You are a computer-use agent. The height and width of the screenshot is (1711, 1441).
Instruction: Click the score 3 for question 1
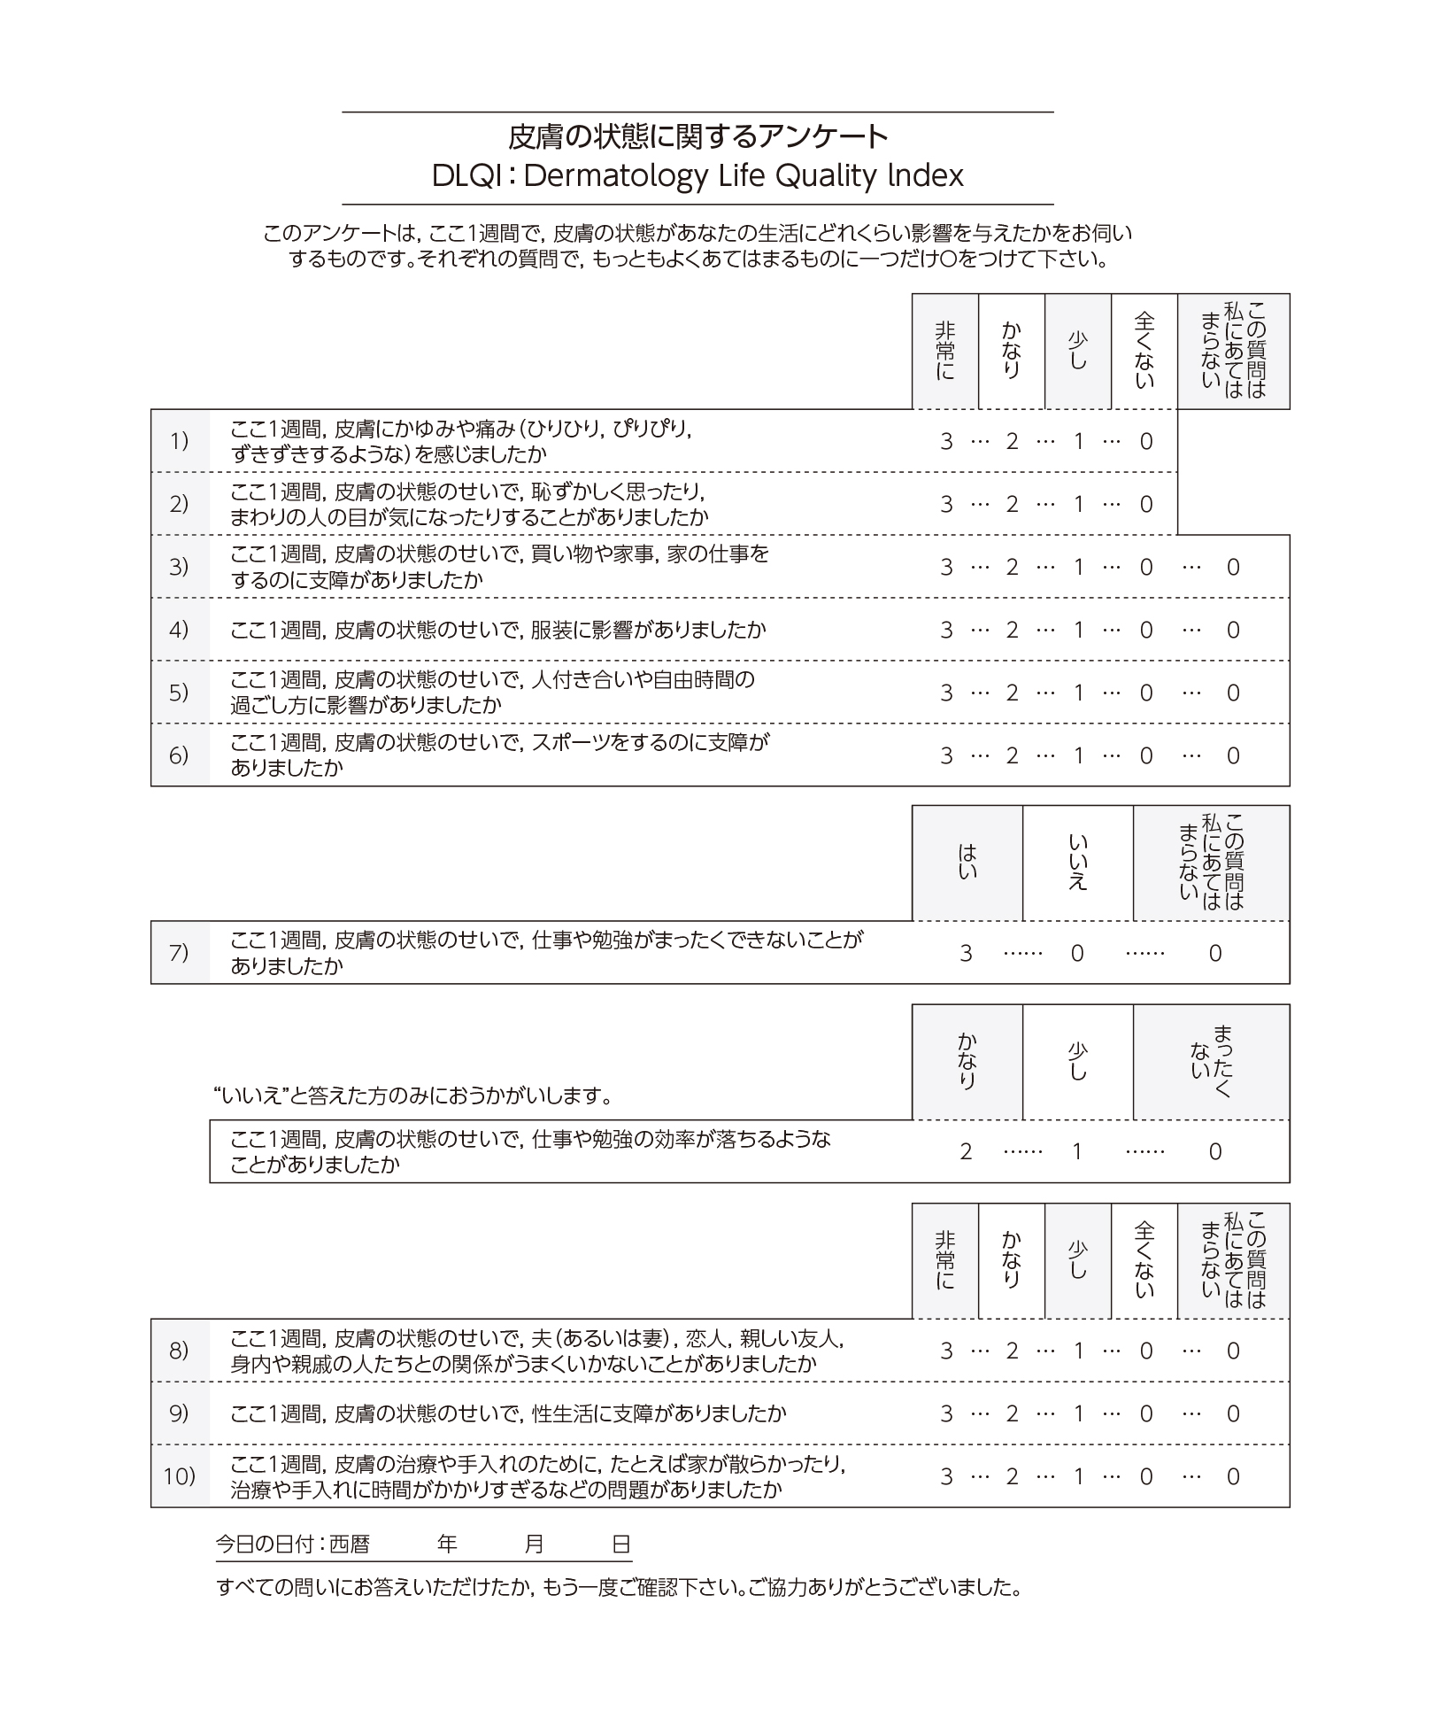[946, 441]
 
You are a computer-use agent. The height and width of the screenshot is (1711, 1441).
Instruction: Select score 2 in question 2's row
[1012, 504]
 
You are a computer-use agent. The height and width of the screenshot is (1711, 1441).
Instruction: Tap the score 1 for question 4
[1078, 630]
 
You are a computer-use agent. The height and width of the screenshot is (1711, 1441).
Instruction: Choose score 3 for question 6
[946, 755]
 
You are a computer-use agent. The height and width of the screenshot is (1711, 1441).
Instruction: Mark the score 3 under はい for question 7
[966, 953]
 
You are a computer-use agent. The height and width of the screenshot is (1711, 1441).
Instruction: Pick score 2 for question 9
[1012, 1413]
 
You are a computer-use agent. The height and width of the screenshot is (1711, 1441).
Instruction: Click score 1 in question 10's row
[1078, 1476]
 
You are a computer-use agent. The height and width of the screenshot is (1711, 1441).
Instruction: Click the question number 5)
[179, 692]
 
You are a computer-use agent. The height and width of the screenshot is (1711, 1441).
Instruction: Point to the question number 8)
[179, 1350]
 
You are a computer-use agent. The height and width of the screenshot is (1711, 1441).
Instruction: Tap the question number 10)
[179, 1476]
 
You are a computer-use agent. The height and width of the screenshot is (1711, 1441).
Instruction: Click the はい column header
[967, 863]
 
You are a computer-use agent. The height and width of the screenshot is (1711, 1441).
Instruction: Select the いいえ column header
[1077, 863]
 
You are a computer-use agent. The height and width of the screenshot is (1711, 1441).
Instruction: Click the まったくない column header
[1211, 1061]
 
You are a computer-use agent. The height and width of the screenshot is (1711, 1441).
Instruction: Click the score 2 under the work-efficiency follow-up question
[966, 1151]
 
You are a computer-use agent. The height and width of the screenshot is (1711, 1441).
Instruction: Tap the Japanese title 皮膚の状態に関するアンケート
[697, 136]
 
